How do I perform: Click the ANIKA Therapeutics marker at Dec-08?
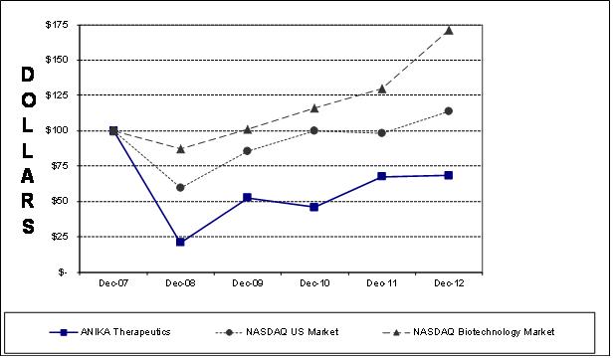coord(180,242)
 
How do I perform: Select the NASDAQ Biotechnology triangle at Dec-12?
coord(449,30)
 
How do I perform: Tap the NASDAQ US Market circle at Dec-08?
coord(180,188)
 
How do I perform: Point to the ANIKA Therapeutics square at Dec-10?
coord(314,207)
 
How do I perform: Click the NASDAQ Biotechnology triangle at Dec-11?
coord(382,89)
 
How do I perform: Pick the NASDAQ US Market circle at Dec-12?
coord(449,110)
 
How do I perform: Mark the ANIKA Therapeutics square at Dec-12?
coord(449,175)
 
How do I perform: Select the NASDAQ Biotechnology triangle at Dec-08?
coord(180,148)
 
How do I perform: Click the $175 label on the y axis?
coord(57,25)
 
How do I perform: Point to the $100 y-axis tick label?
coord(57,130)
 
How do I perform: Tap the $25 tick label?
coord(60,236)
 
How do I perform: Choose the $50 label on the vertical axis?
coord(60,201)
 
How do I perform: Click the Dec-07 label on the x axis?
coord(112,283)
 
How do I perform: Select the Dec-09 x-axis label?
coord(247,283)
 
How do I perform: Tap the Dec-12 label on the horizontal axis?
coord(449,283)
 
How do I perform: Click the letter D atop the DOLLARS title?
coord(28,76)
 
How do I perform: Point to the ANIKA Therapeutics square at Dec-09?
coord(247,198)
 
